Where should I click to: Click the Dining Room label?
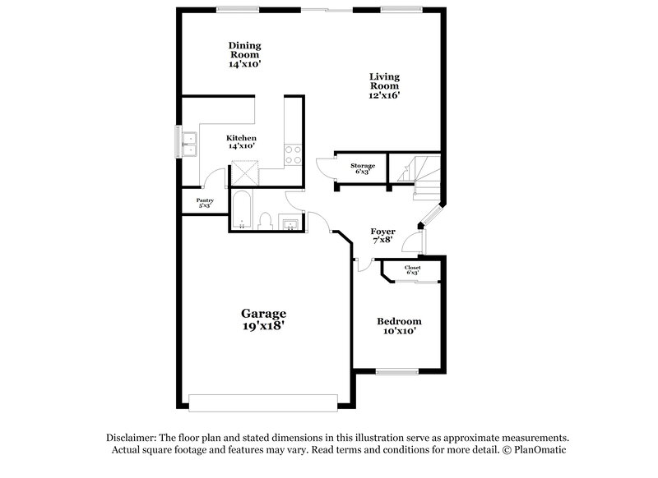(x=245, y=53)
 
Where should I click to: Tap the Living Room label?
(x=383, y=85)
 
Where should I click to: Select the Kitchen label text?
(x=242, y=142)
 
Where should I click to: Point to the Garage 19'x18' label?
(x=263, y=319)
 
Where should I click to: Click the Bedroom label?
(x=399, y=325)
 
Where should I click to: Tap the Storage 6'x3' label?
(x=363, y=169)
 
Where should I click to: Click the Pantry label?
(x=204, y=203)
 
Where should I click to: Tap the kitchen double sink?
(x=189, y=143)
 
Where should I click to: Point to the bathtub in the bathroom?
(x=240, y=211)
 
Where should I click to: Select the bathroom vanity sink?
(x=290, y=222)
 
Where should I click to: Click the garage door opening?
(x=263, y=402)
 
